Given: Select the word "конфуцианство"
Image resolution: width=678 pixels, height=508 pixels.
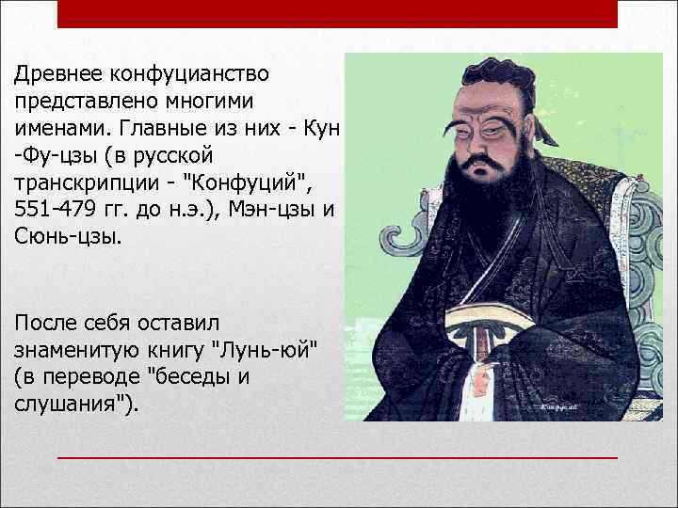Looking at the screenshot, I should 189,72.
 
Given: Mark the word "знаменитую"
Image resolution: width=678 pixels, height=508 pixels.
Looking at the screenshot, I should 77,350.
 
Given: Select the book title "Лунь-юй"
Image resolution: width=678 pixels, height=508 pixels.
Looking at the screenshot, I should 267,350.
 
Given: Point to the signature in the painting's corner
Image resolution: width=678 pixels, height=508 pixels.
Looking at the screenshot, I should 561,406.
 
